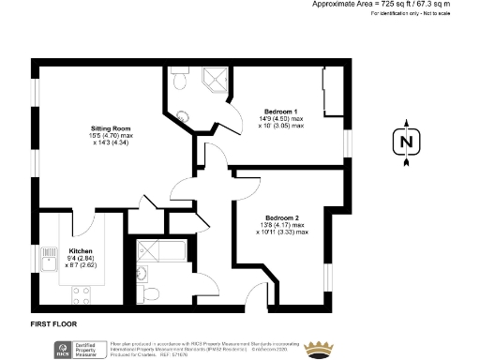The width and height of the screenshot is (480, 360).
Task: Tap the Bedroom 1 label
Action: tap(282, 112)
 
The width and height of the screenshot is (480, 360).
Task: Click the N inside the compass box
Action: tap(405, 142)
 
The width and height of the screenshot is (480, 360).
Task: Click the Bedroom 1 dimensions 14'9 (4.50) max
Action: tap(281, 118)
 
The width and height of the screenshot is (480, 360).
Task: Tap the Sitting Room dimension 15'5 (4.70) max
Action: tap(110, 135)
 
